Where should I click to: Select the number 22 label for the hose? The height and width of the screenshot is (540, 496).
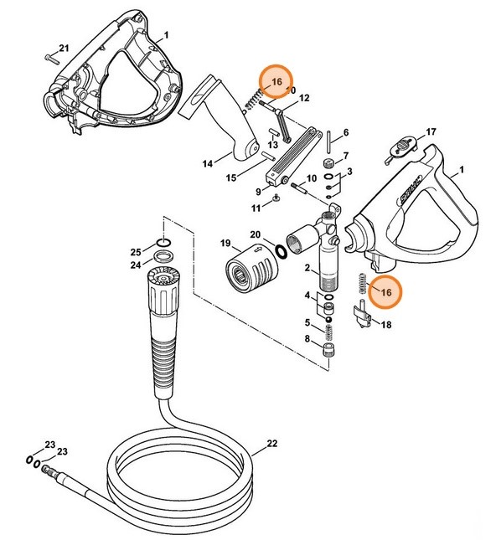click(271, 445)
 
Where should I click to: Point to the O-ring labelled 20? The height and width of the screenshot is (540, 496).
click(281, 249)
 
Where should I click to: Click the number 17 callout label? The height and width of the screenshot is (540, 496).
click(431, 132)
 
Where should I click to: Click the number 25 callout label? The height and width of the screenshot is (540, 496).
click(134, 250)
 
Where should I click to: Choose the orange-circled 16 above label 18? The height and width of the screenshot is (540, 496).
click(385, 291)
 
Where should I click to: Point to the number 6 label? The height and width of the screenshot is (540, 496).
click(346, 133)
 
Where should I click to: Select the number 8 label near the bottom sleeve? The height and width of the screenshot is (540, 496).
click(307, 338)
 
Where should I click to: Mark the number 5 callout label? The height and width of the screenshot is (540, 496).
click(307, 322)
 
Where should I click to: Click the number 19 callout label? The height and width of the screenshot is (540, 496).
click(225, 244)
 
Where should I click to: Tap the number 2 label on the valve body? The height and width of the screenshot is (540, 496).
click(308, 268)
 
